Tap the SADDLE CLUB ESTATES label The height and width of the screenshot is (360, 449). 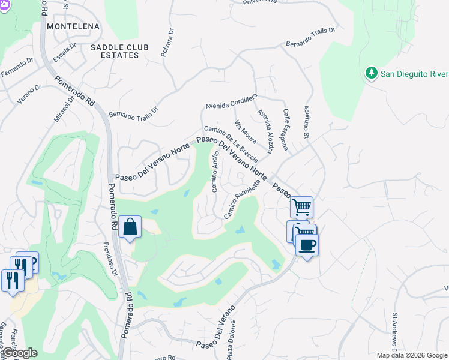(x=115, y=51)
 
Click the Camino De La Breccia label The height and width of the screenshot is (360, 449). (x=231, y=143)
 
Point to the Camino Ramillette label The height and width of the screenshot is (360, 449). (x=241, y=200)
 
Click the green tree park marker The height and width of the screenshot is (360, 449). (x=371, y=73)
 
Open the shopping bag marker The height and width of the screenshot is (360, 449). (x=130, y=227)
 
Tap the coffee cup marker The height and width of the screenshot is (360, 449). (x=307, y=245)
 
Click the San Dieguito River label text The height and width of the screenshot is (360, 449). (x=415, y=74)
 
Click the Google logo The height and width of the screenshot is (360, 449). (x=20, y=353)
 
